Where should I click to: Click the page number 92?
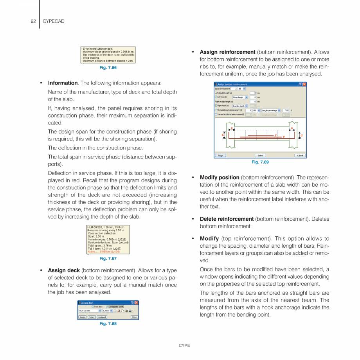(33, 21)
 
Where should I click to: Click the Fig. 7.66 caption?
(108, 68)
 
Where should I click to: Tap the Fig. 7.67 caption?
(108, 258)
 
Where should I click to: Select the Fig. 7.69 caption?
(260, 162)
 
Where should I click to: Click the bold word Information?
(63, 83)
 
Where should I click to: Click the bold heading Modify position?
(220, 177)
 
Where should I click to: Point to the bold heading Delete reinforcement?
(227, 219)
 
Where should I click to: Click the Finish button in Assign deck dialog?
(134, 317)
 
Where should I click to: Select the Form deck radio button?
(93, 307)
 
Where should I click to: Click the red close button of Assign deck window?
(136, 303)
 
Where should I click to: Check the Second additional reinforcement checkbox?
(216, 114)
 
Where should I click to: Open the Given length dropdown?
(246, 97)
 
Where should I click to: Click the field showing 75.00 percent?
(286, 110)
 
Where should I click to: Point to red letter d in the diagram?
(301, 135)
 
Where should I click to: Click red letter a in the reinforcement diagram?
(232, 128)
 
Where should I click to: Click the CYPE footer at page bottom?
(184, 346)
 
